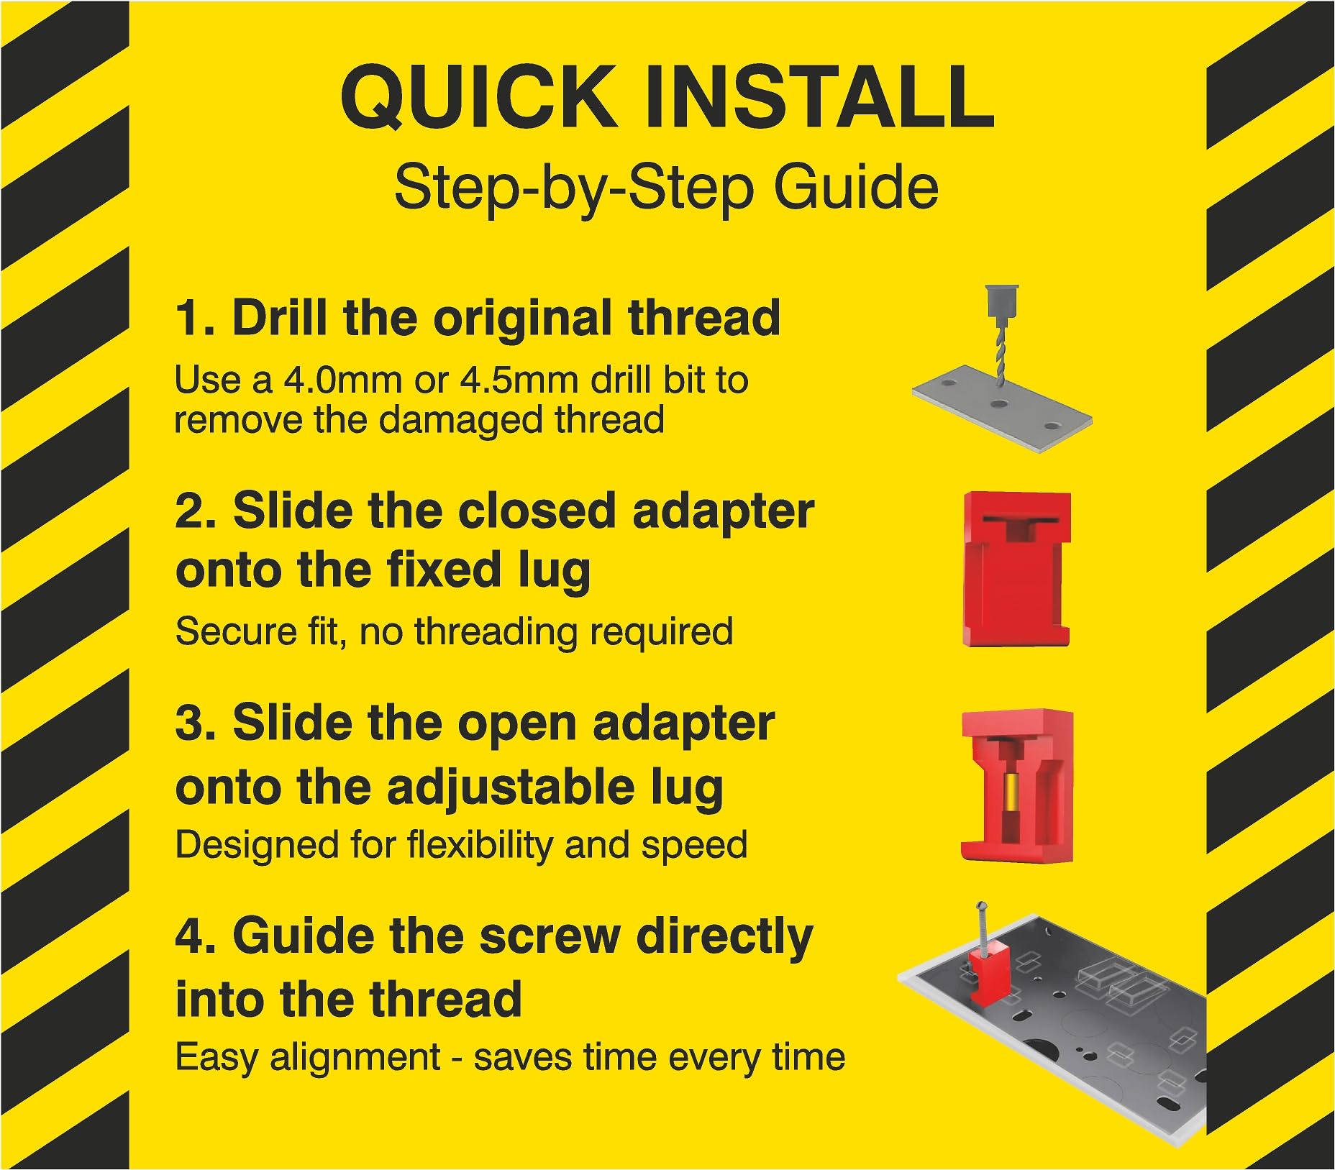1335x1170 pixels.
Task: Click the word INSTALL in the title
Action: [819, 97]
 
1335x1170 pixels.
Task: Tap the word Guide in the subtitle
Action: [856, 188]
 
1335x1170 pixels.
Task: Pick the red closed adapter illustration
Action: [1016, 569]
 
